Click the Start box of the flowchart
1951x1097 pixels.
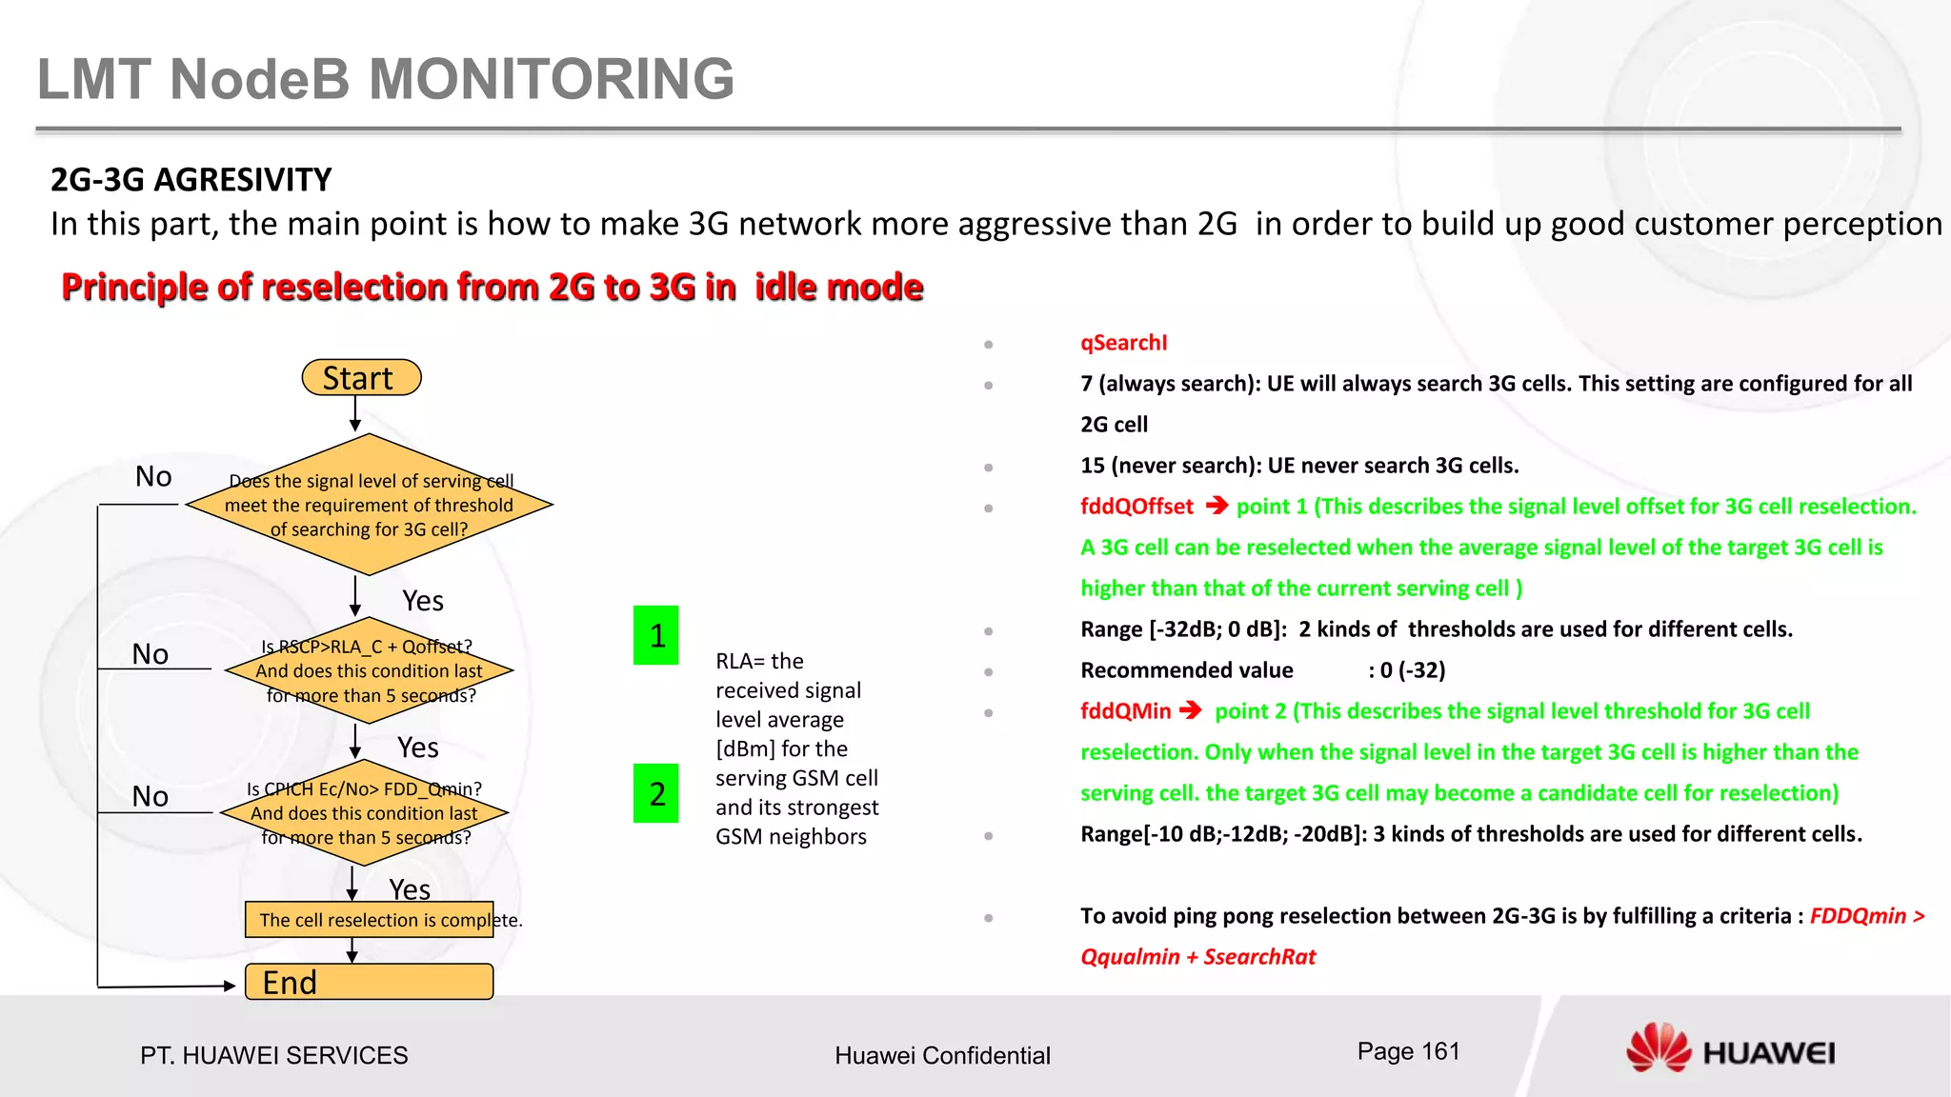360,378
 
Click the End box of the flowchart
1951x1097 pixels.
369,982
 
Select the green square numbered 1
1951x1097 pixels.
655,635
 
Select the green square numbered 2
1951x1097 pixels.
655,793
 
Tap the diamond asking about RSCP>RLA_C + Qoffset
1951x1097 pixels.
369,670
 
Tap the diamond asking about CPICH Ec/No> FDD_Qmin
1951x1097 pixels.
364,813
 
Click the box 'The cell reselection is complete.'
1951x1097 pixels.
369,920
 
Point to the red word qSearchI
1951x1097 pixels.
1123,343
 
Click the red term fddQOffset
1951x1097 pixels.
1136,507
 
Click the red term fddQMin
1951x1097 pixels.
1125,711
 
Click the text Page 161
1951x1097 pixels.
1408,1051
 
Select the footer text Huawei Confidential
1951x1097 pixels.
942,1055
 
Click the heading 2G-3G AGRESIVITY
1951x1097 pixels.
191,179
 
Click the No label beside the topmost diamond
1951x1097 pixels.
153,476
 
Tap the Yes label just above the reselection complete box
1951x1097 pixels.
410,889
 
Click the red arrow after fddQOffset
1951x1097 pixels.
1217,506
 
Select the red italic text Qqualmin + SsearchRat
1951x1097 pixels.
1197,957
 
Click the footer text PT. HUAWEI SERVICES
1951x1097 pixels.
273,1055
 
